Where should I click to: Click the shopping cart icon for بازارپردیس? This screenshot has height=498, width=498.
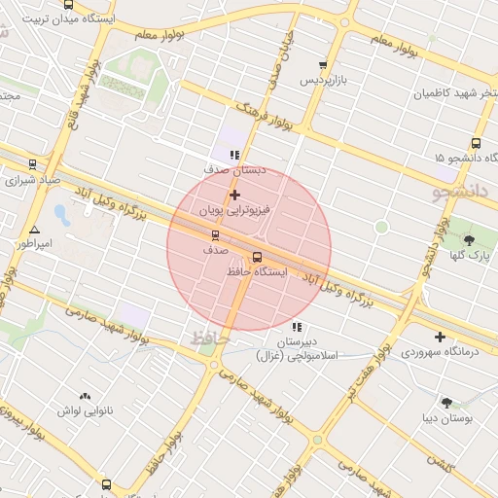[x=323, y=65]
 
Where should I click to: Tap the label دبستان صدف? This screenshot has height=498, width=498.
[x=234, y=168]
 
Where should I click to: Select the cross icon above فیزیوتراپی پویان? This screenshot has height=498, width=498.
[x=234, y=195]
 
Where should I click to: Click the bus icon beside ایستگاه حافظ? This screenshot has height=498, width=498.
[x=257, y=258]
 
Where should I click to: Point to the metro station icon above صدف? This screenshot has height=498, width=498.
[x=215, y=235]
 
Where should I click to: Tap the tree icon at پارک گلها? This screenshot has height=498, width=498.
[x=469, y=240]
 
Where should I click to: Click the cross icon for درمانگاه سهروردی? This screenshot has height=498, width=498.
[x=441, y=338]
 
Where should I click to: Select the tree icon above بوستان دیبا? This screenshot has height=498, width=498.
[x=446, y=403]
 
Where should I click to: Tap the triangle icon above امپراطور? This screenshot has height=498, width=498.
[x=35, y=229]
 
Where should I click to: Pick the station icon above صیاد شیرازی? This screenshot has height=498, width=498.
[x=33, y=165]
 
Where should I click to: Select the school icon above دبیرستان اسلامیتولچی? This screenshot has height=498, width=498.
[x=297, y=327]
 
